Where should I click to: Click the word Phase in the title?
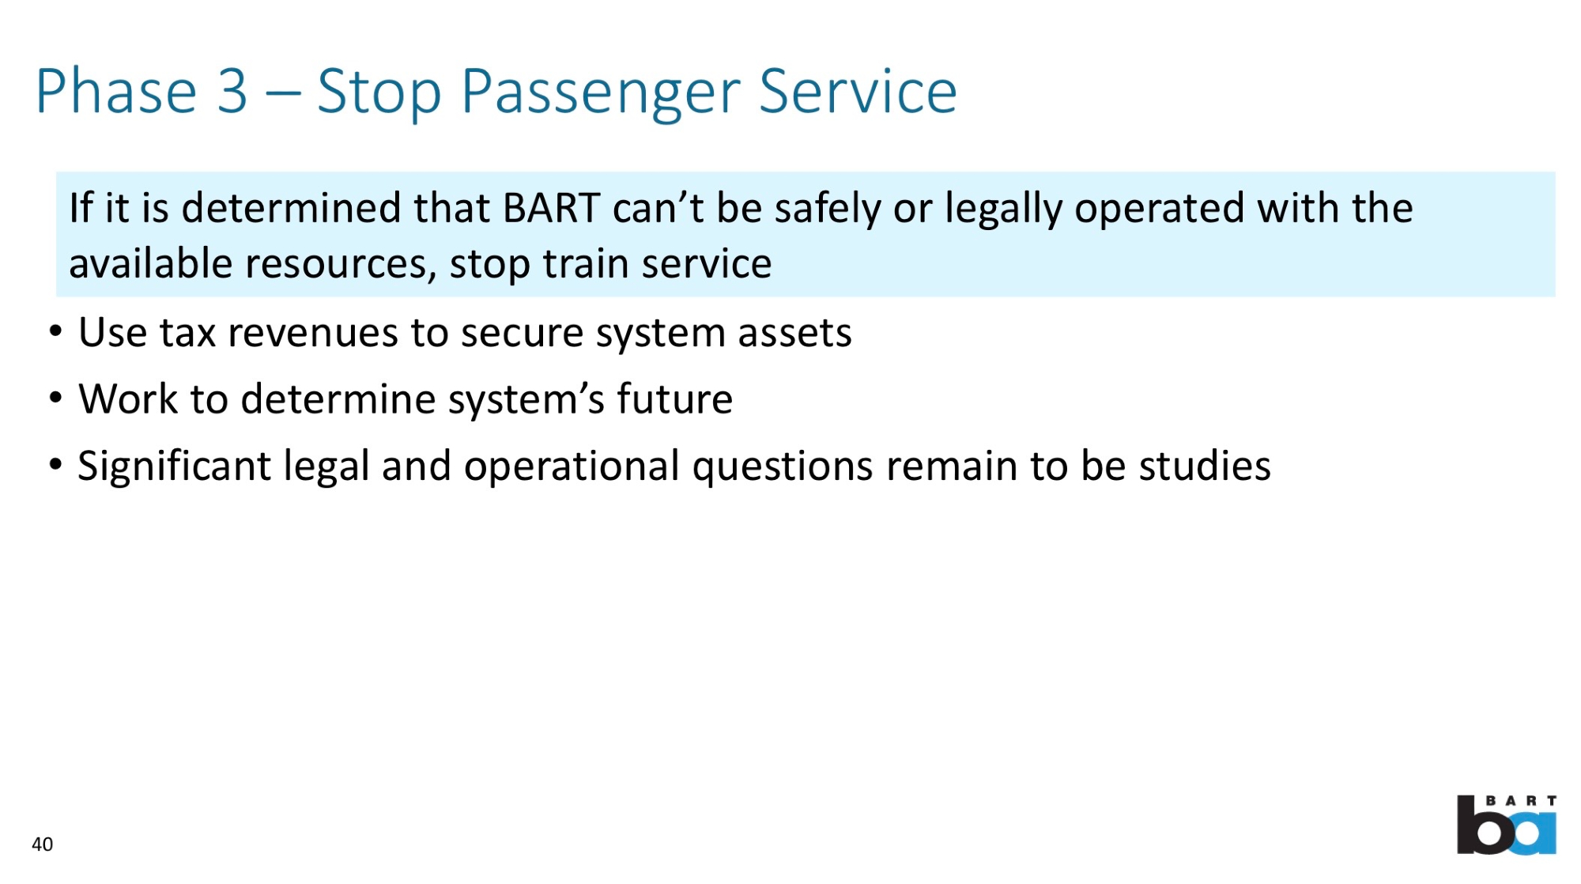[116, 91]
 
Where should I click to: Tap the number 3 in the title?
[232, 91]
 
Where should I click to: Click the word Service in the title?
[858, 91]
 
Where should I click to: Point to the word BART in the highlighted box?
[552, 208]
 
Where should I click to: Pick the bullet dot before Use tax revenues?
[55, 331]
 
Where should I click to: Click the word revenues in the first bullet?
[313, 333]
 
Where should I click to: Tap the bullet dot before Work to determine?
[55, 398]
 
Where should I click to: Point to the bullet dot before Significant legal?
[55, 465]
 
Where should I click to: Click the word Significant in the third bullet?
[175, 467]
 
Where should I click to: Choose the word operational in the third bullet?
[572, 467]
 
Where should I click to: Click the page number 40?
[42, 844]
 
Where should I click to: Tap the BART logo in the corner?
[1507, 825]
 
